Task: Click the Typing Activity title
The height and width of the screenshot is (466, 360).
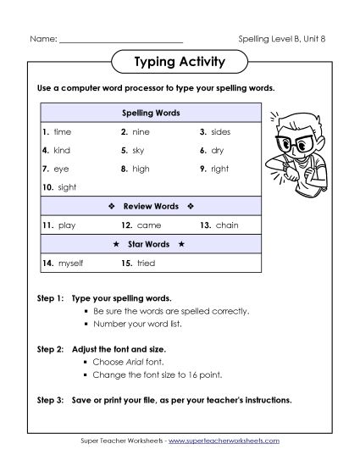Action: [180, 62]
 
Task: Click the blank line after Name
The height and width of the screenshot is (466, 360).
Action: [121, 40]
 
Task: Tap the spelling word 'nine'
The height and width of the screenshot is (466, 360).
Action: [141, 132]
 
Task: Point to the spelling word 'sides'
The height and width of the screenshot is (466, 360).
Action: [221, 132]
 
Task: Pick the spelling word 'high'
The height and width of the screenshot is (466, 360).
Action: [141, 169]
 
